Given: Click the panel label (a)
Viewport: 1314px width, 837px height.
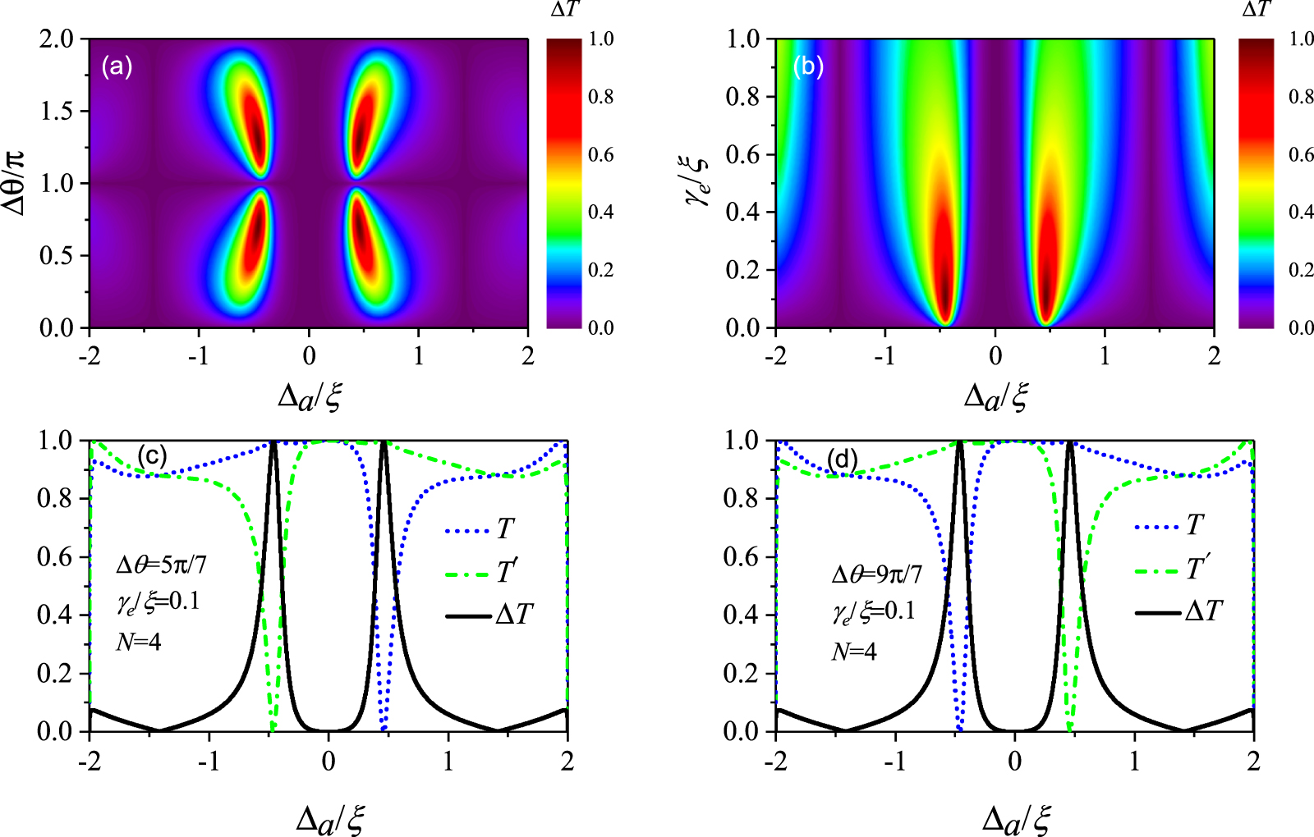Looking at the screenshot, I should (117, 66).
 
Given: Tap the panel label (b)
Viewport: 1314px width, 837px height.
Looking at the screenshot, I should (808, 66).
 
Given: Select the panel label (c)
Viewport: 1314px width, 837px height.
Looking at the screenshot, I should (153, 455).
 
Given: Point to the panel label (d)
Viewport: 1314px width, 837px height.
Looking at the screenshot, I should (843, 460).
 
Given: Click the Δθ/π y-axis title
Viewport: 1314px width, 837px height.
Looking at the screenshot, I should (16, 182).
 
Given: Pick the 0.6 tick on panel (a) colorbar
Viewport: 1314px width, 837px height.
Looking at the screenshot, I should (601, 155).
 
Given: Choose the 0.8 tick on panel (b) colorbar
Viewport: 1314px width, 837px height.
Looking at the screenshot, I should (1301, 97).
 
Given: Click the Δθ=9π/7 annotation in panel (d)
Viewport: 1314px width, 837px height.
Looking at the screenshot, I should (876, 574).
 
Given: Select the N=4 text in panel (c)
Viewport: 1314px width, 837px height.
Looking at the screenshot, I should (138, 641).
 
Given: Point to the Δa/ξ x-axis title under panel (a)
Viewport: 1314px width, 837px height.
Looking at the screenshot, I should (309, 396).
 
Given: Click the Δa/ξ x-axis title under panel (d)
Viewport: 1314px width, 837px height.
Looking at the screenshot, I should (1016, 818).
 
